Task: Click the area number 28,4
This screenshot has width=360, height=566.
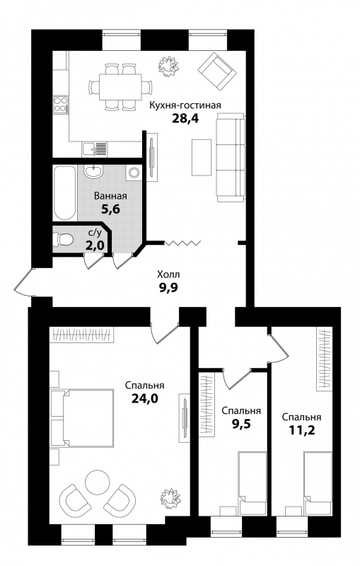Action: [185, 118]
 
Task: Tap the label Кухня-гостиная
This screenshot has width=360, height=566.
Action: [185, 105]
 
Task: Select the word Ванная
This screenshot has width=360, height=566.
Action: [110, 196]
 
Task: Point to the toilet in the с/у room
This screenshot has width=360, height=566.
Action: [63, 239]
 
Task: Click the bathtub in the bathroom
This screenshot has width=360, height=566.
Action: [65, 192]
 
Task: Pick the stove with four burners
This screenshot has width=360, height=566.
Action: [61, 104]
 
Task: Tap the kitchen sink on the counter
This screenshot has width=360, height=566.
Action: [95, 149]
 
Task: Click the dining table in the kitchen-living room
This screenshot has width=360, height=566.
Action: [120, 87]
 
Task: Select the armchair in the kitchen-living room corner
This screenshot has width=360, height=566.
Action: [218, 71]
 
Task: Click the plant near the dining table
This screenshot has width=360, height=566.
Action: [168, 67]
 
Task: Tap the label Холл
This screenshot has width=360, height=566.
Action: [168, 275]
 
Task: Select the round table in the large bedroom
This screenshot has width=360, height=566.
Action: [97, 483]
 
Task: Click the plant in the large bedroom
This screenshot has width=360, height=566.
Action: [170, 499]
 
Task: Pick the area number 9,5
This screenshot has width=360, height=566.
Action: [241, 423]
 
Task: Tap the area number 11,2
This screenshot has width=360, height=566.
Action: [301, 430]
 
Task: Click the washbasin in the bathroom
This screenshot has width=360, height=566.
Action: [95, 171]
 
